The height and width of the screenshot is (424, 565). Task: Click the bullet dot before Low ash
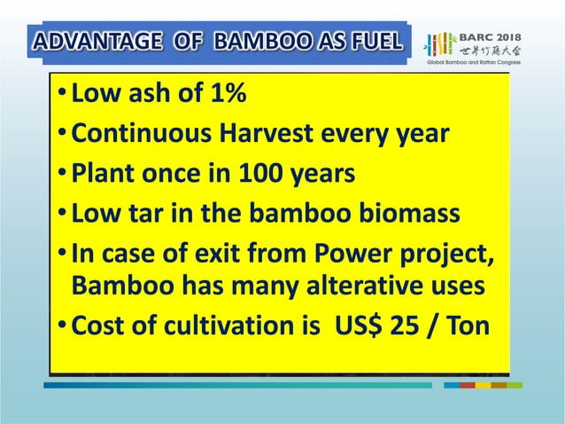pos(58,95)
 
